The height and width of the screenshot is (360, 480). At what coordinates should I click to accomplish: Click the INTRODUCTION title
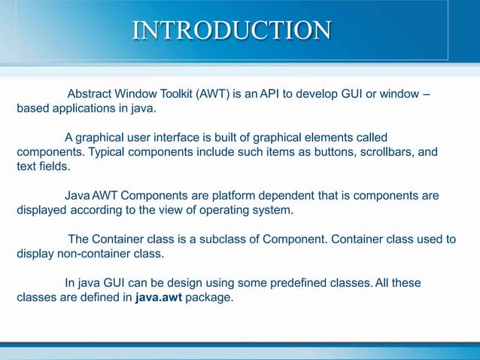pos(231,30)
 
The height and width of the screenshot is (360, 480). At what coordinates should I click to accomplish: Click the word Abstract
pos(91,94)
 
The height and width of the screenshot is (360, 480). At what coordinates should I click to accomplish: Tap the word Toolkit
pos(177,94)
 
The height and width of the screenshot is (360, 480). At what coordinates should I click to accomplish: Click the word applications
pos(81,108)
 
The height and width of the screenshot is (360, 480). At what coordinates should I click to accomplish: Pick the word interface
pos(200,138)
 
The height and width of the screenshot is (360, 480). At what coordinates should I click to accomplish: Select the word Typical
pos(108,152)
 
